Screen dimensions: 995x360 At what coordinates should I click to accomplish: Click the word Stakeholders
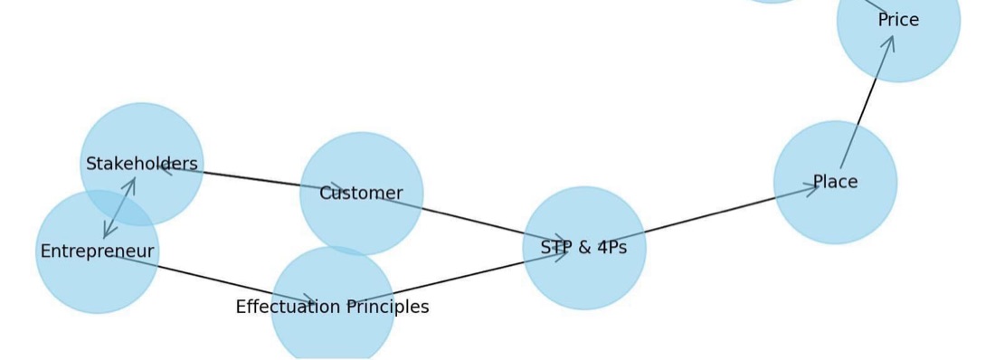[141, 164]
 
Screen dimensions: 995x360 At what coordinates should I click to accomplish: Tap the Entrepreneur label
[97, 251]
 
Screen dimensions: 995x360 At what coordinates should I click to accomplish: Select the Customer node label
[361, 193]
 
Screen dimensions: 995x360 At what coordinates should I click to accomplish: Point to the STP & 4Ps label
[583, 248]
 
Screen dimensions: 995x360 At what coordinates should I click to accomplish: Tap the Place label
[835, 182]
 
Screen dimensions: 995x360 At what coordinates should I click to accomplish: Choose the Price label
[898, 20]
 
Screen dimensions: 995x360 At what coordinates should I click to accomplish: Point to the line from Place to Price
[867, 101]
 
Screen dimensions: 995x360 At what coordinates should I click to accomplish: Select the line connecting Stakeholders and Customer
[251, 178]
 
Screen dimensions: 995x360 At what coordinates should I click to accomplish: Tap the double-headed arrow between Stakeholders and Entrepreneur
[119, 208]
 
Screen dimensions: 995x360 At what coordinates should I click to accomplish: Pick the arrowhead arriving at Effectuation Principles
[309, 300]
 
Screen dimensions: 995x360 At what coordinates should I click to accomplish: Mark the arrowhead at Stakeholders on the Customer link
[167, 167]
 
